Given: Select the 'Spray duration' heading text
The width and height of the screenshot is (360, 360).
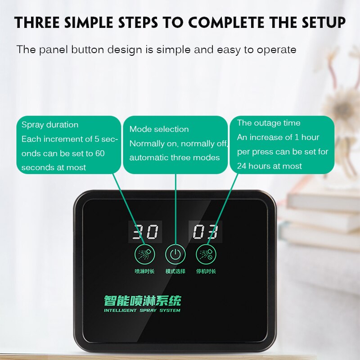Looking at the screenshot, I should coord(50,125).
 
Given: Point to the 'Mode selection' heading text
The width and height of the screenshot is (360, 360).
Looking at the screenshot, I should coord(159,129).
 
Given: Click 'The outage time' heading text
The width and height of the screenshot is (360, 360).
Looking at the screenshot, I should coord(269,123).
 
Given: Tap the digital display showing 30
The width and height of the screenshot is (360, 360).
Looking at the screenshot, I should coord(144,232).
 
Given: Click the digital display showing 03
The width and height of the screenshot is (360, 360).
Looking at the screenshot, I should coord(205,232).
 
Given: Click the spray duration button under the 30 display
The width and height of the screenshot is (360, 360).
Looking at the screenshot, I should coord(144,255).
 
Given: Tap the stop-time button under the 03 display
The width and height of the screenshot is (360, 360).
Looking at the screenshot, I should coord(205,255).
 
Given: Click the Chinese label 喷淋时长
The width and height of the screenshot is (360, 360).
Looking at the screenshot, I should coord(144,272).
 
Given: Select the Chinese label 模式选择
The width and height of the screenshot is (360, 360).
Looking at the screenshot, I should coord(175,272).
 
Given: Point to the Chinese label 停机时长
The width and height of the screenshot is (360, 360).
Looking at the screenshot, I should coord(207,272).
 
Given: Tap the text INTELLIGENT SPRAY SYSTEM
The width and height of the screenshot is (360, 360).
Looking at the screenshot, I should coord(142,310).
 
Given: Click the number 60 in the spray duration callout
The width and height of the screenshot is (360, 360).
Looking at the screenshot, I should coord(99,153).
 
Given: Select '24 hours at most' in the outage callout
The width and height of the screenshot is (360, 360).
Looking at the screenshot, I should coord(269,166).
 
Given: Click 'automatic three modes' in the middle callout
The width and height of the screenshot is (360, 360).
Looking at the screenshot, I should coord(175,158).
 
